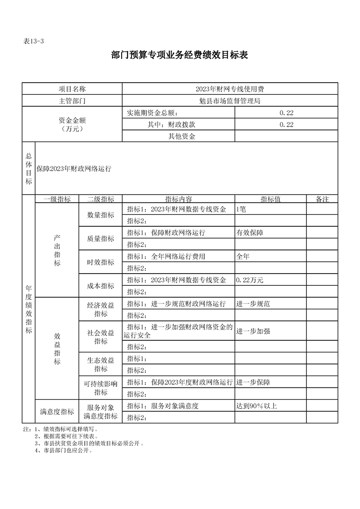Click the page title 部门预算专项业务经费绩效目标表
tap(179, 55)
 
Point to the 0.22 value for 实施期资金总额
tap(286, 113)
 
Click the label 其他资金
tap(182, 136)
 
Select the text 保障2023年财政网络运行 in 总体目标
tap(74, 168)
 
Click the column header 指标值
tap(270, 199)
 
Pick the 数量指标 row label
tap(101, 215)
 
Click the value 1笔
tap(241, 209)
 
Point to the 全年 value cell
tap(243, 256)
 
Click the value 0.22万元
tap(250, 280)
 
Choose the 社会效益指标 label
tap(101, 336)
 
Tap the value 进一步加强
tap(253, 331)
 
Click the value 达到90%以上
tap(256, 406)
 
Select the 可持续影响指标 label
tap(101, 388)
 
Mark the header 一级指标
tap(57, 199)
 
